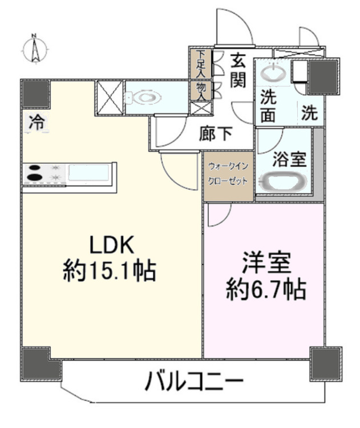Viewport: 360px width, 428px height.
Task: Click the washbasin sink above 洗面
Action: click(273, 72)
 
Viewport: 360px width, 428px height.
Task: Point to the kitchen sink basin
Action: click(89, 172)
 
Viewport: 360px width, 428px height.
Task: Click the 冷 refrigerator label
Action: click(37, 122)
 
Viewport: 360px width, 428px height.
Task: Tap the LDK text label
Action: click(112, 245)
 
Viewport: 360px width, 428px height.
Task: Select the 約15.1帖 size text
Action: click(110, 271)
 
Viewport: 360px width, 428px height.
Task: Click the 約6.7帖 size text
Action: click(265, 290)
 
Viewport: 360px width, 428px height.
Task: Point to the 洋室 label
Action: click(266, 263)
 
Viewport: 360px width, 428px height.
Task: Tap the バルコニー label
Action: click(194, 381)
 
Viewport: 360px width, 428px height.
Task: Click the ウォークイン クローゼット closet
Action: click(228, 176)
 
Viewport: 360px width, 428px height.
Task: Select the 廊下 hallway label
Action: click(216, 134)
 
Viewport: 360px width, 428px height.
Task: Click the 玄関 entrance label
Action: click(238, 71)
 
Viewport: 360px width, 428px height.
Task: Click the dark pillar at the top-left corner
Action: click(36, 94)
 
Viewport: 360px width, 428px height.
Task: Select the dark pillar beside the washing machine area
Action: click(323, 76)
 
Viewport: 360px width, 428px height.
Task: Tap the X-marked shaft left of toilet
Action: click(110, 98)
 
